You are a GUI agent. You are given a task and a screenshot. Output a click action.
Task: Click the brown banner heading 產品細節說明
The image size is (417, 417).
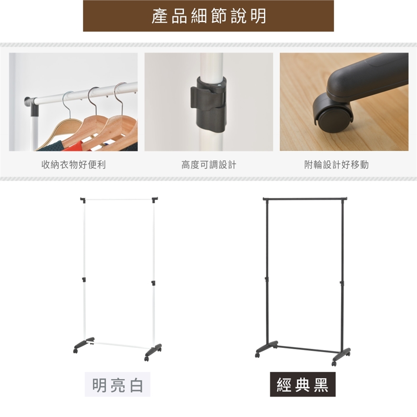pyautogui.click(x=208, y=16)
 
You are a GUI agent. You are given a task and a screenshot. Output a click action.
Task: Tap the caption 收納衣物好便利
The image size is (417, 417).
pyautogui.click(x=74, y=165)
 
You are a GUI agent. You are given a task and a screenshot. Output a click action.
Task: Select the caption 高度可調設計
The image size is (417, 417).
pyautogui.click(x=209, y=165)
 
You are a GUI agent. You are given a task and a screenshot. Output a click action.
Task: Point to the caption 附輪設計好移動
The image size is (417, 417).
pyautogui.click(x=336, y=165)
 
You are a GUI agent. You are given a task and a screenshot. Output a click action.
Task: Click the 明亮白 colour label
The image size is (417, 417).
pyautogui.click(x=118, y=384)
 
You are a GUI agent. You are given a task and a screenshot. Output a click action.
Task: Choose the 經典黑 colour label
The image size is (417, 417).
pyautogui.click(x=303, y=384)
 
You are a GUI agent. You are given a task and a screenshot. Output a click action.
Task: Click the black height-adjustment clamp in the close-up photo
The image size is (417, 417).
pyautogui.click(x=208, y=104)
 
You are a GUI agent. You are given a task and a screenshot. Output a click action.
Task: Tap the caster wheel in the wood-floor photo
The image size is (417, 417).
pyautogui.click(x=333, y=111)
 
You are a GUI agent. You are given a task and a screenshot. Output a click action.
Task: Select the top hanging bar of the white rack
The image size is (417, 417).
pyautogui.click(x=118, y=199)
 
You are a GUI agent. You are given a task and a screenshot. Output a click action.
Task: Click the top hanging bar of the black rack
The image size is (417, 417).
pyautogui.click(x=305, y=199)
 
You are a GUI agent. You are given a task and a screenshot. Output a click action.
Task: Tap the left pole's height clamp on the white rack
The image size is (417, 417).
pyautogui.click(x=84, y=280)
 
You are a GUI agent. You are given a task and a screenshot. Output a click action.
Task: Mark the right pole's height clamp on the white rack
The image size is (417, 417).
pyautogui.click(x=153, y=282)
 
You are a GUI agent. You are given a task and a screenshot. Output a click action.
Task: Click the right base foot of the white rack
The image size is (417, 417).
pyautogui.click(x=152, y=351)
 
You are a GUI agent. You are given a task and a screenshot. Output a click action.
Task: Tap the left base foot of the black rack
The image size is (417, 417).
pyautogui.click(x=266, y=348)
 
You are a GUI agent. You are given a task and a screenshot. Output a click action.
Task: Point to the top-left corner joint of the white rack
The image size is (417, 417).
pyautogui.click(x=83, y=199)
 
